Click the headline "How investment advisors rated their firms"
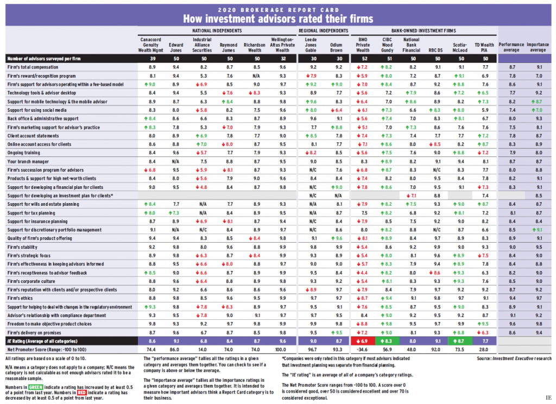[277, 18]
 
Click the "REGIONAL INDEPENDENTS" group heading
[324, 31]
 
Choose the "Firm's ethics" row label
[21, 298]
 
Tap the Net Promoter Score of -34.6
[362, 349]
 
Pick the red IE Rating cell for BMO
[362, 340]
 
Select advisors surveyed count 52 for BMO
[362, 58]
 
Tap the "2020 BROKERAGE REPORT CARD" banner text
[277, 8]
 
